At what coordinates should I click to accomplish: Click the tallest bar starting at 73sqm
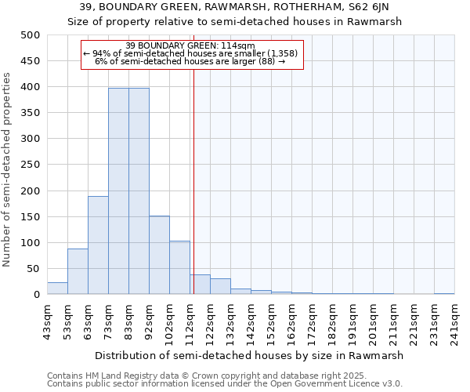point(118,191)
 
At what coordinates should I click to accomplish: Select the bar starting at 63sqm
point(98,245)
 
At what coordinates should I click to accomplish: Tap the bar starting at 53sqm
point(78,271)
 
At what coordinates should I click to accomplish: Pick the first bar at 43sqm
point(57,288)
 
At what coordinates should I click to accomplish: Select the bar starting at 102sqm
point(179,267)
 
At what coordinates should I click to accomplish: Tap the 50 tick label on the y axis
point(33,269)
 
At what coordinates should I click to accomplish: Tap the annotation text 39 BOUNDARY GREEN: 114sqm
point(190,45)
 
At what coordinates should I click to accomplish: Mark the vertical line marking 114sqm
point(193,180)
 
